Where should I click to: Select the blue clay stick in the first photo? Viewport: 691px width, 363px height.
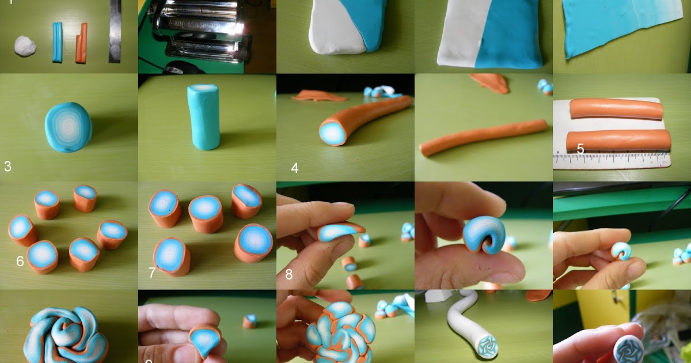coord(58,42)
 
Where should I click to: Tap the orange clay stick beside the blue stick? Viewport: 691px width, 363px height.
coord(81,43)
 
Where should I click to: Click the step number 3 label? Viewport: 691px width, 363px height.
coord(7,167)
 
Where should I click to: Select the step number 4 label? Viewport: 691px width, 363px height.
coord(295,168)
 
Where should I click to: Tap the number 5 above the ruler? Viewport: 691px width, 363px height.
coord(580,149)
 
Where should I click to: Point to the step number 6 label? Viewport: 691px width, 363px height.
coord(20,262)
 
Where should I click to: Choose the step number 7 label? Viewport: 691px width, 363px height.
coord(152,272)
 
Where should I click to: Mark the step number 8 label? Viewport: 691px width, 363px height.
coord(289,274)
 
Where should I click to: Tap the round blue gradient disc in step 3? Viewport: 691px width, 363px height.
coord(69,127)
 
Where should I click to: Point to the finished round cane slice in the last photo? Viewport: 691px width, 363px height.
coord(628,348)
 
